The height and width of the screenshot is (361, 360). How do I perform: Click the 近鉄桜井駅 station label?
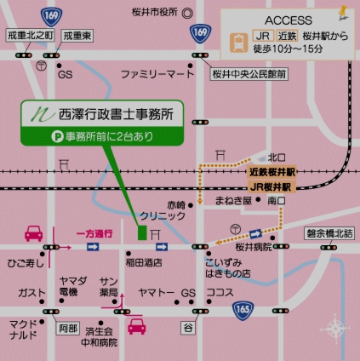pyautogui.click(x=271, y=171)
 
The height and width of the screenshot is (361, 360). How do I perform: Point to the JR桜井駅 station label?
pyautogui.click(x=271, y=185)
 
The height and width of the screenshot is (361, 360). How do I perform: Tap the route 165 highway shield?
pyautogui.click(x=243, y=308)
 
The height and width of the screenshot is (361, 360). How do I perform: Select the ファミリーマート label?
pyautogui.click(x=157, y=75)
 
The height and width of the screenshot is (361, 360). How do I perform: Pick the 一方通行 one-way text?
pyautogui.click(x=94, y=232)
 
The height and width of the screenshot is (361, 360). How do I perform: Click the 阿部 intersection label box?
pyautogui.click(x=68, y=326)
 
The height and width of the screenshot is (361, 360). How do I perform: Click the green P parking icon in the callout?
pyautogui.click(x=36, y=135)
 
